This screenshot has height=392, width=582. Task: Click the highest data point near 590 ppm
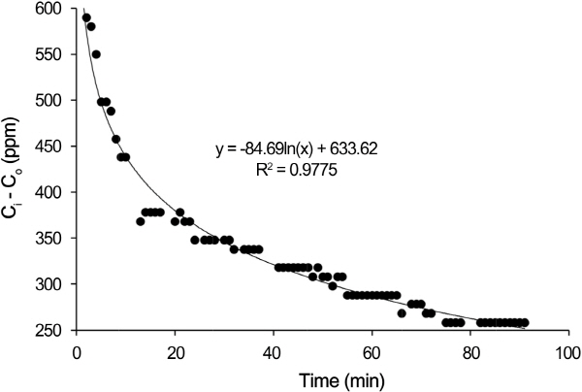pyautogui.click(x=86, y=17)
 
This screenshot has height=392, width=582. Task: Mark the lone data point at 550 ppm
pyautogui.click(x=96, y=54)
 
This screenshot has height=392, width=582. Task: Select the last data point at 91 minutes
pyautogui.click(x=525, y=322)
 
